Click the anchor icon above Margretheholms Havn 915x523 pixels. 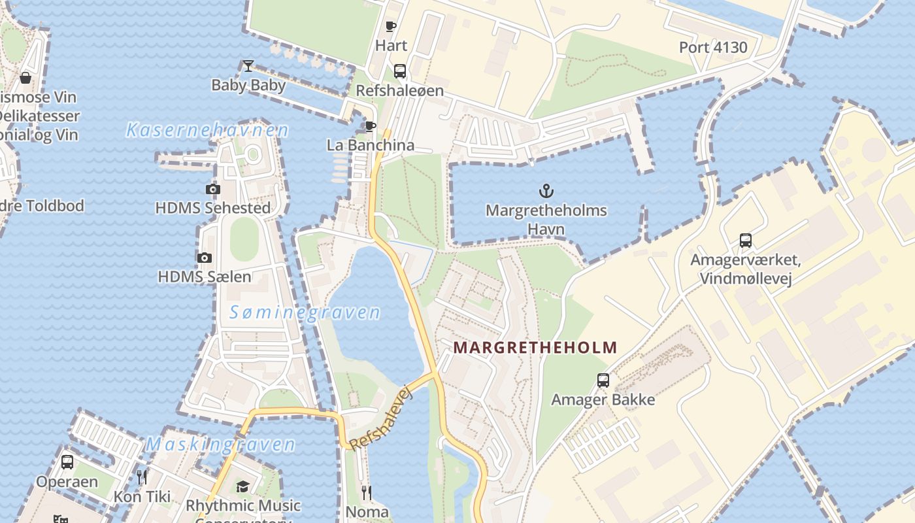click(546, 191)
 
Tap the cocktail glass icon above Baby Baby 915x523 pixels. click(248, 65)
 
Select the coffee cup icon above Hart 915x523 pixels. click(391, 26)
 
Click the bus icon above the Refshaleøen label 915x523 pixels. click(399, 71)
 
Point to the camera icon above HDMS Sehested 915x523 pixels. click(212, 190)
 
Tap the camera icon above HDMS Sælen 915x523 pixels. click(205, 258)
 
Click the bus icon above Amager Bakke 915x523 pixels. click(603, 380)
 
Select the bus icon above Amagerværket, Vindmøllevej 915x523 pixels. click(745, 241)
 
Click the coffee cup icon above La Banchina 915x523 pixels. click(371, 126)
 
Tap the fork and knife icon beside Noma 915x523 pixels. click(367, 492)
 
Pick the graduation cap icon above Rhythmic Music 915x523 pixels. click(242, 486)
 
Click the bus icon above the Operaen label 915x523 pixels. click(67, 462)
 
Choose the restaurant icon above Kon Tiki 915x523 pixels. click(142, 477)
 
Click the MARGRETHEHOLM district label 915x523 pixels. click(535, 347)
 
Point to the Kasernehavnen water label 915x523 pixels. click(207, 130)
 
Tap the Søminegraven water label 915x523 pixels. click(305, 312)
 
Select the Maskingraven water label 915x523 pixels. click(220, 445)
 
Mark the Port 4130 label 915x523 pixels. click(713, 47)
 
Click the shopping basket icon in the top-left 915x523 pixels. click(25, 78)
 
